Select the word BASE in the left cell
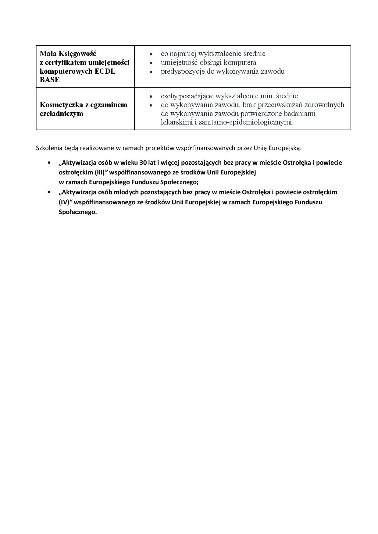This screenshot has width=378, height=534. (x=50, y=80)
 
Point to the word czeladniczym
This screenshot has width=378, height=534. (x=62, y=114)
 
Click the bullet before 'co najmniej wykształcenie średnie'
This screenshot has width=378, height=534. (x=151, y=54)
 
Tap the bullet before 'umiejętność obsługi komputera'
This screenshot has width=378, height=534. (x=151, y=63)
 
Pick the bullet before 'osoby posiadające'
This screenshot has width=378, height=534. (x=151, y=97)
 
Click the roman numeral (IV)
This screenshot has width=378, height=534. (x=64, y=202)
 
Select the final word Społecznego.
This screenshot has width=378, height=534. (x=77, y=212)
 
